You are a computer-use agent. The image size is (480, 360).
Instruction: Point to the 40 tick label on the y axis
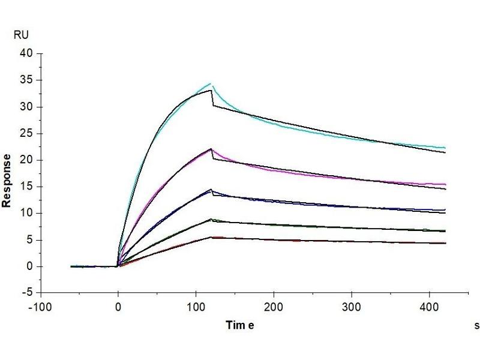(28, 53)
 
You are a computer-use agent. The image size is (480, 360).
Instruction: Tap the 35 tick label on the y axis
(28, 80)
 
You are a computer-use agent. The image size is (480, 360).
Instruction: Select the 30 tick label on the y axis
(28, 107)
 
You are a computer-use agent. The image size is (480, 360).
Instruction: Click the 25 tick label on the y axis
(28, 133)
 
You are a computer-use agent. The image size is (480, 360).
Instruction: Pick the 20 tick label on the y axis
(28, 160)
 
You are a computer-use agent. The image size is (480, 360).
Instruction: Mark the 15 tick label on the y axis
(28, 187)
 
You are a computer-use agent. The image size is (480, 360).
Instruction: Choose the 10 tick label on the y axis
(28, 213)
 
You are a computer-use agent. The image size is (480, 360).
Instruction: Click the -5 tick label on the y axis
(28, 293)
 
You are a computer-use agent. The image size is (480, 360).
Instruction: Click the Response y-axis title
(7, 181)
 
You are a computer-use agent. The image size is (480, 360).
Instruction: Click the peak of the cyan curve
(210, 83)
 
